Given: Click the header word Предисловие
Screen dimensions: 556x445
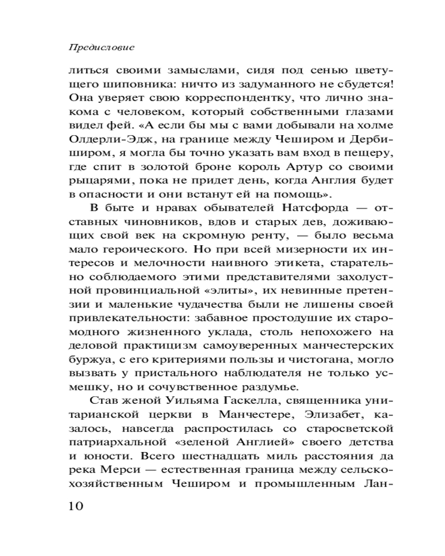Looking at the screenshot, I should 101,48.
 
